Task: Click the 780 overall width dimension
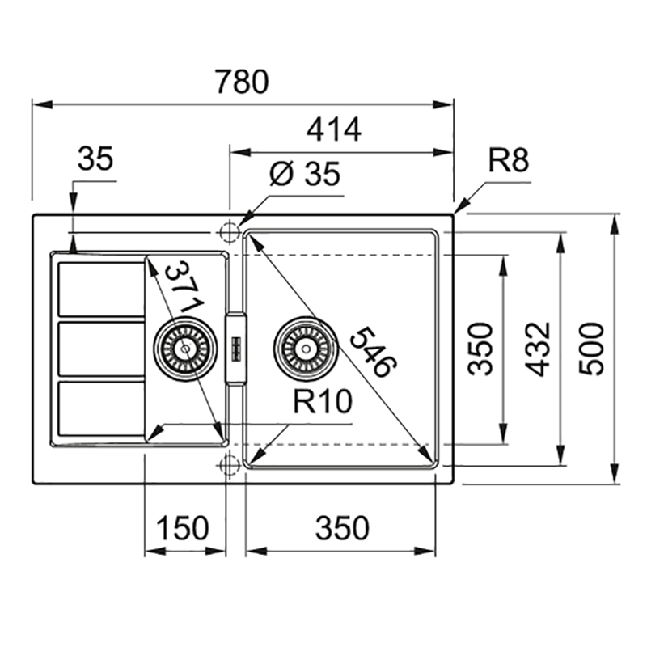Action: tap(242, 82)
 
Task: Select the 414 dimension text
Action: tap(334, 129)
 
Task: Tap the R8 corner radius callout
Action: tap(508, 160)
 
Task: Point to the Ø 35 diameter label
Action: tap(305, 174)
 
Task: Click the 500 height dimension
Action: tap(591, 349)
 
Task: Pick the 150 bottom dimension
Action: tap(183, 528)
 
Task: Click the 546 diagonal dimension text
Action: tap(374, 352)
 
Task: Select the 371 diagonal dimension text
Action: tap(184, 286)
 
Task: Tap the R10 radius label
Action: tap(323, 401)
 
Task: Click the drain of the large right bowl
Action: tap(306, 349)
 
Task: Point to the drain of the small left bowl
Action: tap(185, 349)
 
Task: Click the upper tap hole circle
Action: tap(230, 232)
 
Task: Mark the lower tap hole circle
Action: tap(230, 464)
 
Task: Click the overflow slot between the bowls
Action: tap(236, 349)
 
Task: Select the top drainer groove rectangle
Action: tap(102, 290)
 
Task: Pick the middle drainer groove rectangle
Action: tap(102, 349)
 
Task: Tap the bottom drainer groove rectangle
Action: tap(102, 408)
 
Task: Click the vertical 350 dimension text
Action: tap(480, 349)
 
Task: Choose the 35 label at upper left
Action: tap(95, 159)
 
